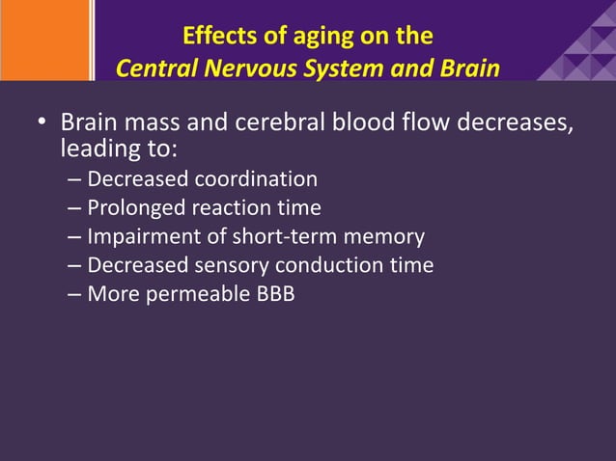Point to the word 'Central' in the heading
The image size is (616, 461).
tap(154, 69)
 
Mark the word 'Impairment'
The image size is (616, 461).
tap(143, 236)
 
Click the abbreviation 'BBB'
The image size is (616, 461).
tap(274, 294)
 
